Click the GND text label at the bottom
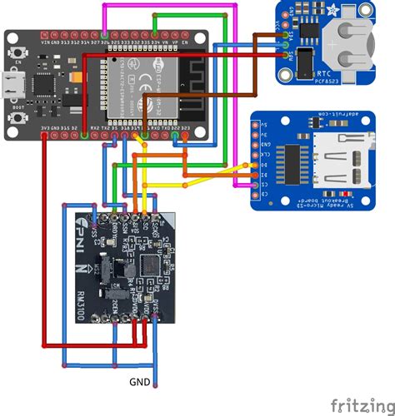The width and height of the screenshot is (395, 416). click(140, 383)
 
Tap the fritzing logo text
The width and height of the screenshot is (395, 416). click(361, 404)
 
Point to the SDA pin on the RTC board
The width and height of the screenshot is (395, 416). click(287, 47)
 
